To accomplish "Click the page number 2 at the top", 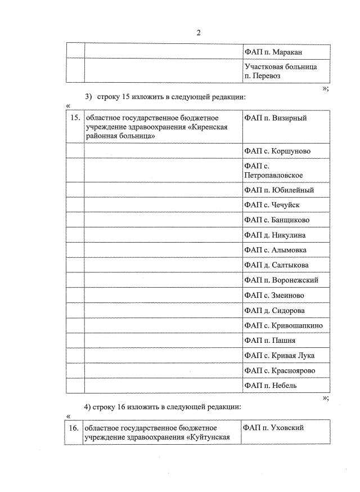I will click(x=198, y=32).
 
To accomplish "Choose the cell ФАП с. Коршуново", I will click(x=277, y=151).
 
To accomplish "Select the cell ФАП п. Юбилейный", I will click(x=279, y=190).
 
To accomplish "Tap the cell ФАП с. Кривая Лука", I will click(x=280, y=355).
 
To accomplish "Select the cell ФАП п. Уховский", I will click(x=274, y=428).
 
